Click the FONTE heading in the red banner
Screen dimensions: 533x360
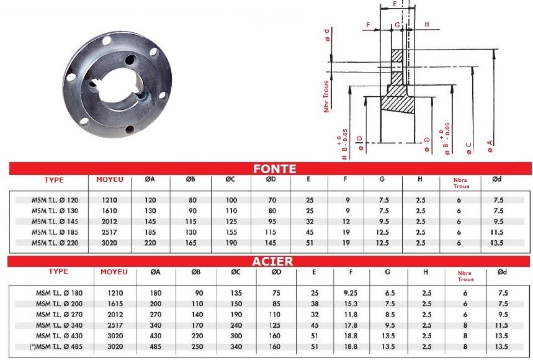point(275,169)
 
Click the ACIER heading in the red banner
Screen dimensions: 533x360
point(272,261)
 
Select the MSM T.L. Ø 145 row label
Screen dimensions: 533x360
point(55,222)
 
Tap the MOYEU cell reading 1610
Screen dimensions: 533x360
point(109,211)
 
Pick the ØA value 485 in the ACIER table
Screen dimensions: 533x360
point(155,347)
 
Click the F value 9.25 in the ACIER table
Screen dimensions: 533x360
point(351,293)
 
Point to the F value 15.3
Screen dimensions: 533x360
point(351,304)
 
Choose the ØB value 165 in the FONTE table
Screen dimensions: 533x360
point(191,243)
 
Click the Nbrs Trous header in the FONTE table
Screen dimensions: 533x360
point(460,183)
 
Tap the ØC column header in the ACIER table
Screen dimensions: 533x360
point(236,272)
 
